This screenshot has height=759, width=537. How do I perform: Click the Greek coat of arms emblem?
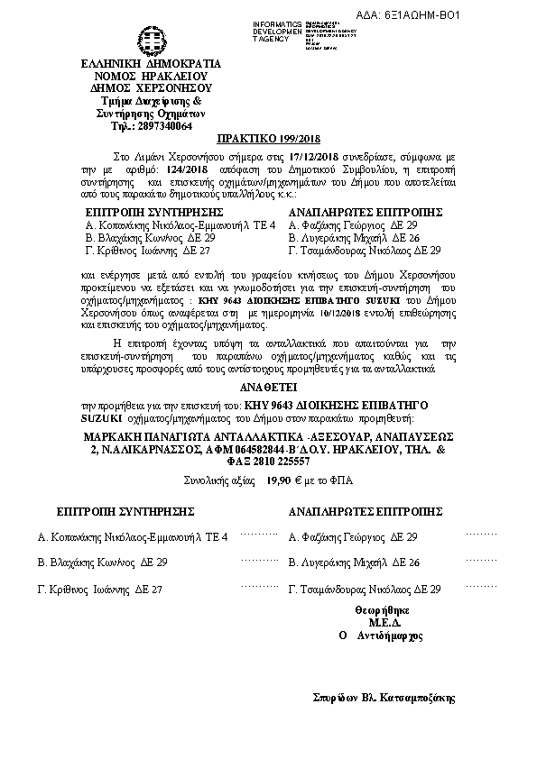[145, 39]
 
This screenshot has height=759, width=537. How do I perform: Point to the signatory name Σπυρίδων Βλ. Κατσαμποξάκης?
[384, 697]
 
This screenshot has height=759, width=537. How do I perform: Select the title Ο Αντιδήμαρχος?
[381, 635]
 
